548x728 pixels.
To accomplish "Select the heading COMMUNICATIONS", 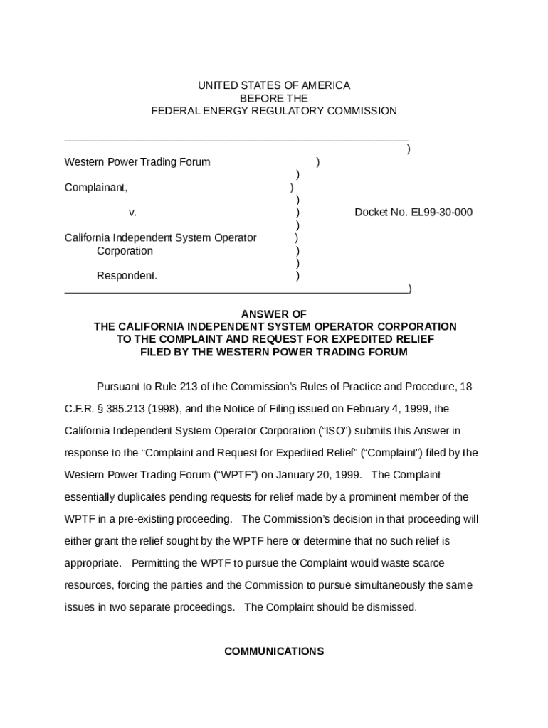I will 274,651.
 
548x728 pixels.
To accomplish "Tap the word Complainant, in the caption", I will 96,188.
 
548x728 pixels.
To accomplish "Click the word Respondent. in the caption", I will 127,276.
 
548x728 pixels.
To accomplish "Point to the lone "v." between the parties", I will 132,213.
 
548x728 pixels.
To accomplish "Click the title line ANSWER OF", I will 274,314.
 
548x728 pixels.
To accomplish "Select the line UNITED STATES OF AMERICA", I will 274,85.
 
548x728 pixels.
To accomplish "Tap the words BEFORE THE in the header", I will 274,98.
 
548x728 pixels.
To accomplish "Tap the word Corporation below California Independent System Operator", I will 125,251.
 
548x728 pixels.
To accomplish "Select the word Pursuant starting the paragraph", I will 118,387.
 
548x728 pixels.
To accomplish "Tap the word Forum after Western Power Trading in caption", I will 196,162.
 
